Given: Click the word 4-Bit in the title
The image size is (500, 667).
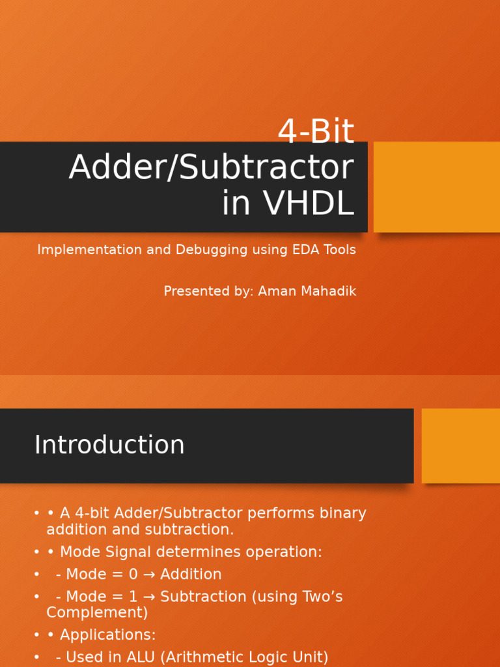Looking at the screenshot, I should [316, 133].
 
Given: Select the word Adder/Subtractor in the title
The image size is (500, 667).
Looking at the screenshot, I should [211, 168].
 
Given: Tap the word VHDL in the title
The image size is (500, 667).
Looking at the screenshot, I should [309, 204].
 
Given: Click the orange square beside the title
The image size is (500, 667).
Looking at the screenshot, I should [436, 187].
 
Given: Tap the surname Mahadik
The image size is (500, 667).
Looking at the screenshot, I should [330, 291].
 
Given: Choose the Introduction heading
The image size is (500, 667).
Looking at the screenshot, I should [109, 446].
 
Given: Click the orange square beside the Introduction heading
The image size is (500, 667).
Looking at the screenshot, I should [460, 446].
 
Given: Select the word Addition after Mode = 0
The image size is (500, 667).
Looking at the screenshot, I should [191, 575].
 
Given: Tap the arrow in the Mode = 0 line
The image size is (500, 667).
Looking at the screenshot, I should [149, 575].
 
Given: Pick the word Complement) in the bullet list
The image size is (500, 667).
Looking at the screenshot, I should [97, 613].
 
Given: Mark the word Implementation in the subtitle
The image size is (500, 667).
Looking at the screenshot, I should [80, 250].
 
